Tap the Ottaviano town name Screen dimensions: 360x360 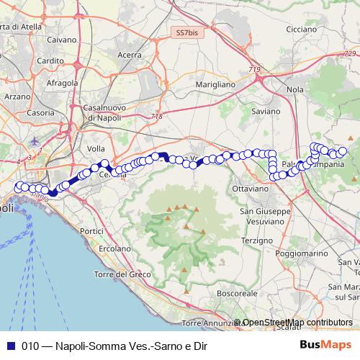point(250,188)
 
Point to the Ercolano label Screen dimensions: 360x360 point(113,248)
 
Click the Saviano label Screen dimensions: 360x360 point(265,112)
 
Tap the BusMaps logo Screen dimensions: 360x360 point(323,344)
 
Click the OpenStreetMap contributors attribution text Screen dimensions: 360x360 point(297,323)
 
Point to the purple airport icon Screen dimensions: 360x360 point(37,140)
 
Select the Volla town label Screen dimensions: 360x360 point(96,148)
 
